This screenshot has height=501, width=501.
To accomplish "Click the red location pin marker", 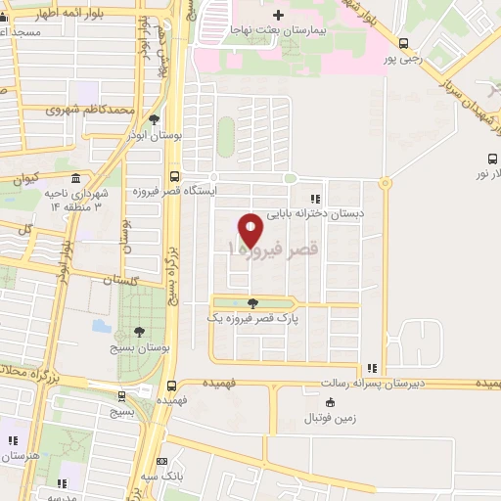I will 251,229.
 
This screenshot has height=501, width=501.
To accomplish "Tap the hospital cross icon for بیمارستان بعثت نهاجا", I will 278,15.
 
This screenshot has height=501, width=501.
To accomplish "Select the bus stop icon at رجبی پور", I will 403,42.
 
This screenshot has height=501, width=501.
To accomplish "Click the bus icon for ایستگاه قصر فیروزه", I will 174,176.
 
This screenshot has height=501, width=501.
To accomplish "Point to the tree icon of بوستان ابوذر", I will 154,119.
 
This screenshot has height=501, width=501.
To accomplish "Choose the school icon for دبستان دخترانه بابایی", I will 314,197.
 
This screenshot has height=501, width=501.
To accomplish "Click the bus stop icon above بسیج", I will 121,396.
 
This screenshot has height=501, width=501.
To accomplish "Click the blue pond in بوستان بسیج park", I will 100,324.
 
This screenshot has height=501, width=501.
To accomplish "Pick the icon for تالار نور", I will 492,159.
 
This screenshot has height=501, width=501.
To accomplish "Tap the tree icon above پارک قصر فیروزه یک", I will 253,303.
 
